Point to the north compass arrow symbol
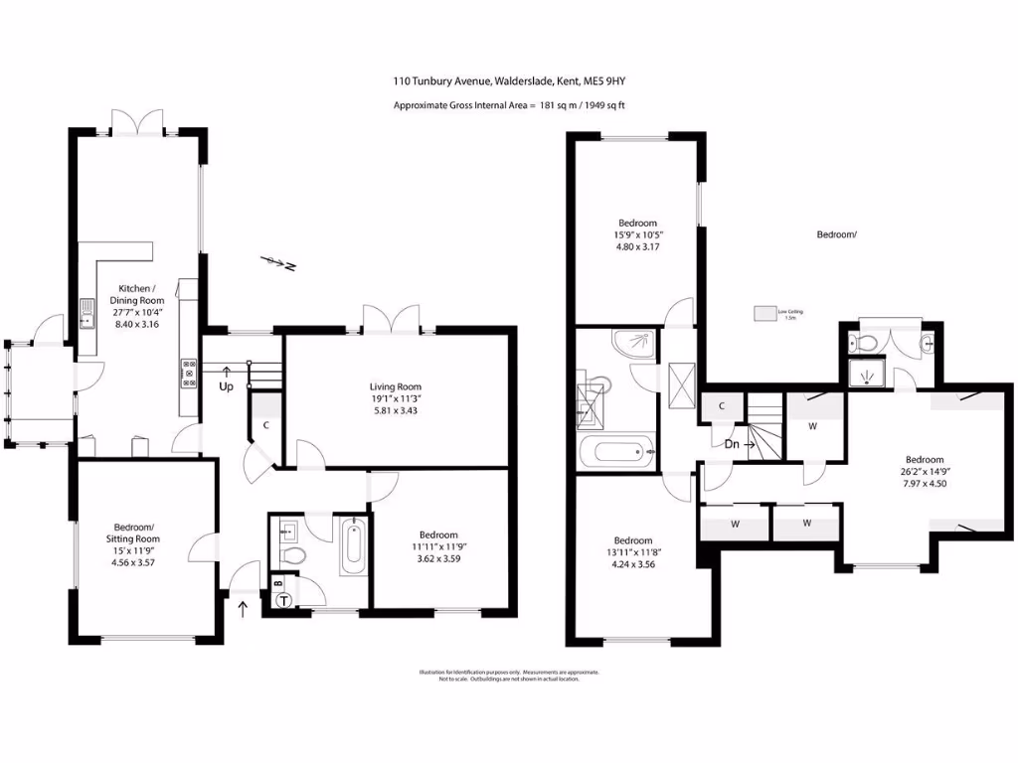point(276,263)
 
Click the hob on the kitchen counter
point(188,373)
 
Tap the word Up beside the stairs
point(226,386)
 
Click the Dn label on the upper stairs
point(732,445)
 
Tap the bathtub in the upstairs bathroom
point(616,454)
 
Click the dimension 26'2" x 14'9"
point(924,472)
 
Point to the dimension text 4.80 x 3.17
point(637,247)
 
